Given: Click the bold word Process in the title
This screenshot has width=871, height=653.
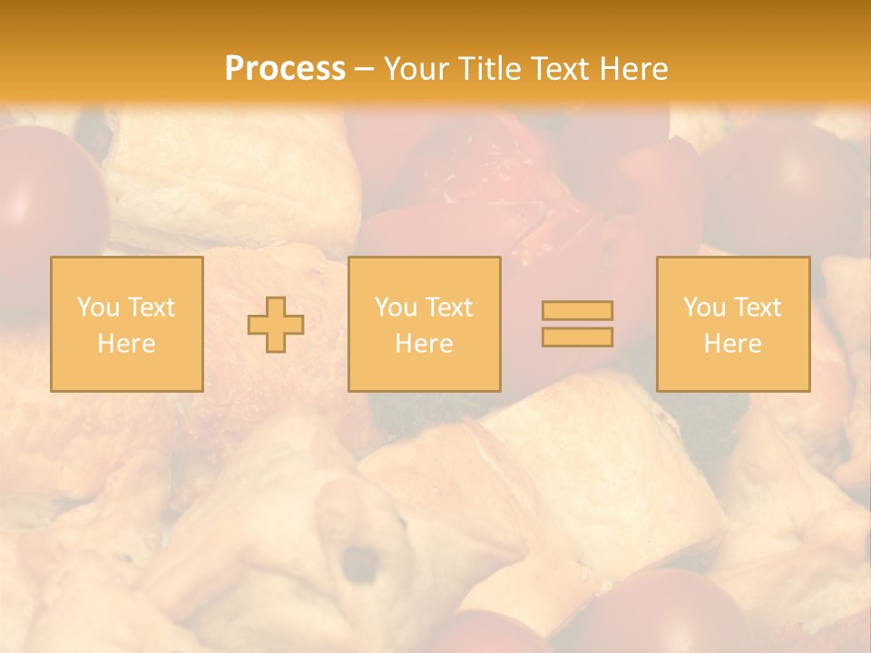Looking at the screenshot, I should tap(285, 69).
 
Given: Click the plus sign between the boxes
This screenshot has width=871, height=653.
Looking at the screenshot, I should tap(276, 325).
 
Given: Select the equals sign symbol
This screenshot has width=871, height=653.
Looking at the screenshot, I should tap(577, 324).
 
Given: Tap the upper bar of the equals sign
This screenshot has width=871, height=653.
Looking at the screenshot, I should tap(577, 310).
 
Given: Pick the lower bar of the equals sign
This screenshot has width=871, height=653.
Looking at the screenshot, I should tap(577, 337).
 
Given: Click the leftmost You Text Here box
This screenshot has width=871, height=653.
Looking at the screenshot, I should tap(127, 324).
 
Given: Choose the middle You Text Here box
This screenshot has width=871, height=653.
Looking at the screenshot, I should tap(425, 324).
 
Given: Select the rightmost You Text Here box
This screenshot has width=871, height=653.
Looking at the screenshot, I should tap(733, 324).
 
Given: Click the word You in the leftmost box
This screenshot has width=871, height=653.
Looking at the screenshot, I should tap(98, 307).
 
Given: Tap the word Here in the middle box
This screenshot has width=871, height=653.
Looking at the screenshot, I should tap(425, 344).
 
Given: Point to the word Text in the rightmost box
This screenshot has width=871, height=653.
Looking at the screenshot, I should tap(757, 307).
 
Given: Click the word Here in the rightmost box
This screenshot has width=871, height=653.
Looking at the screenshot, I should tap(733, 344).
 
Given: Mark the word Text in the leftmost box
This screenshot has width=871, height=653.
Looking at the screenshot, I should tap(151, 307).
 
